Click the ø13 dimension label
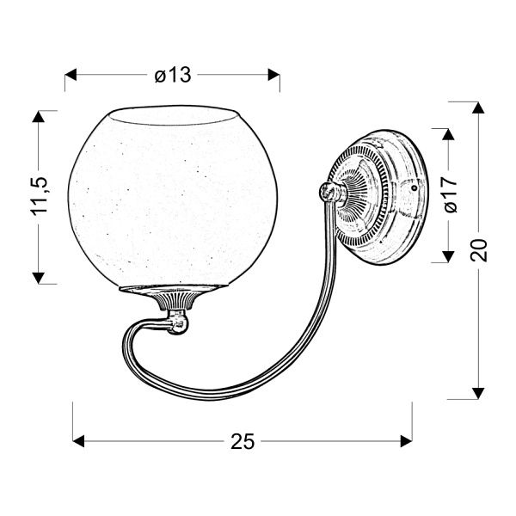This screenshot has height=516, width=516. tap(172, 76)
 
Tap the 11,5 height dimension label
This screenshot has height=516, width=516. tap(39, 197)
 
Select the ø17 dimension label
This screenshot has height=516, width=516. tap(447, 195)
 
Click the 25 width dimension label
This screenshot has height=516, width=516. tap(243, 441)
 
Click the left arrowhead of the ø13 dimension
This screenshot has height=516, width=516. tap(72, 76)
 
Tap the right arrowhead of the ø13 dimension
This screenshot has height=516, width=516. tap(273, 76)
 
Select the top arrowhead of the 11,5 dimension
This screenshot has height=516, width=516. tap(39, 117)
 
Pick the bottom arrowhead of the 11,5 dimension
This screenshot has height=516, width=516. tap(39, 276)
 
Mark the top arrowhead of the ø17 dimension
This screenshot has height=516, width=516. tap(447, 135)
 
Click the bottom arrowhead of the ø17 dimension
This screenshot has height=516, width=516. tap(447, 255)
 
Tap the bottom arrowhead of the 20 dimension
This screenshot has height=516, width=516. tap(478, 392)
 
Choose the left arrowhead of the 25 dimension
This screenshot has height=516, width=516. tap(79, 440)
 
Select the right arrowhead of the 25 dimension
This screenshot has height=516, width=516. tap(407, 440)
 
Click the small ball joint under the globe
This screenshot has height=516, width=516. tap(179, 323)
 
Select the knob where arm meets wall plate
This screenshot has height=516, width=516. tap(328, 193)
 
